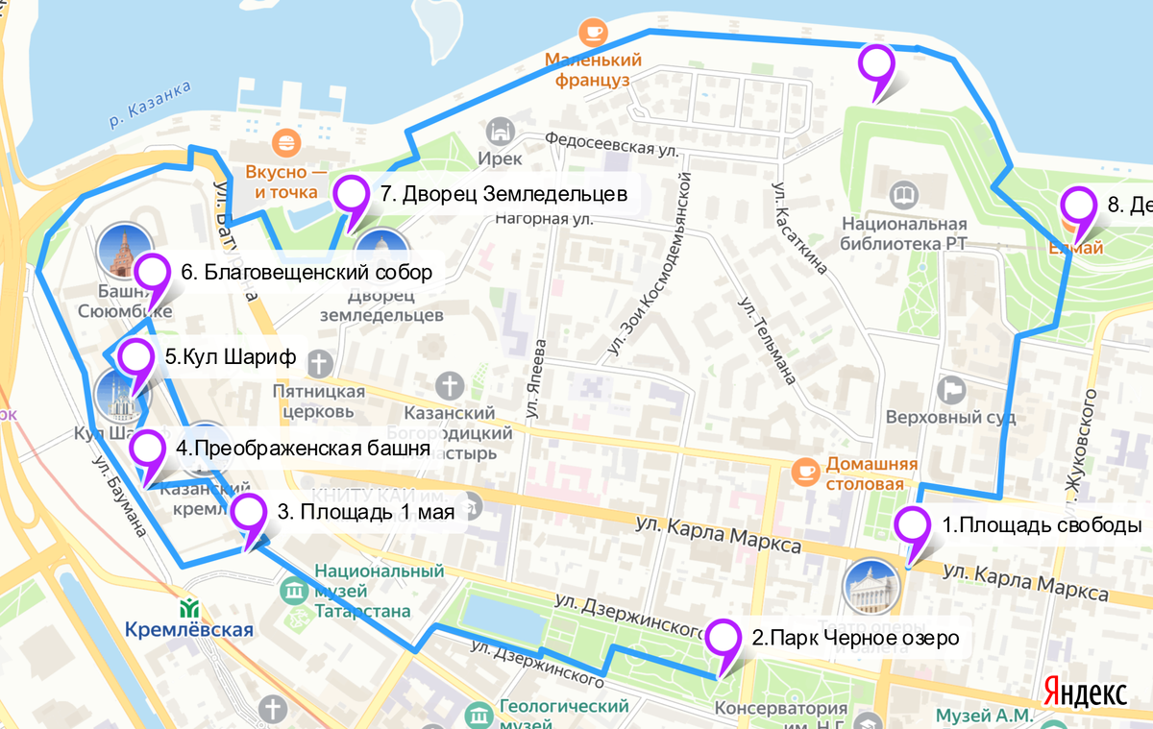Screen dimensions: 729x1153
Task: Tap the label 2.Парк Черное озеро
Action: [x=855, y=638]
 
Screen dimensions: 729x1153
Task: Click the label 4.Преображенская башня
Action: [x=302, y=449]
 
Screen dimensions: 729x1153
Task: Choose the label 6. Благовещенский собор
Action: [x=306, y=273]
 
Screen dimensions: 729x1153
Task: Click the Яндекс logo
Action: [x=1085, y=691]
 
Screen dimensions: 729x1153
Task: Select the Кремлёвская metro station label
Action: [x=189, y=630]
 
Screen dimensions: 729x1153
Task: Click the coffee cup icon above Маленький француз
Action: [x=593, y=33]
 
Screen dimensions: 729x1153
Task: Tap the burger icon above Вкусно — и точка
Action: [x=285, y=145]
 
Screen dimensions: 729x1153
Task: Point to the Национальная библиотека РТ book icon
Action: [x=904, y=197]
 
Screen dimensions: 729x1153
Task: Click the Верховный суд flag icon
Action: [x=952, y=390]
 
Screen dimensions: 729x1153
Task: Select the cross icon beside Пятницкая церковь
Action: [x=320, y=363]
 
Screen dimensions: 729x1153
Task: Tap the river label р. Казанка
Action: [x=149, y=106]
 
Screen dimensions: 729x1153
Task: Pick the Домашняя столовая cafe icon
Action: [x=804, y=472]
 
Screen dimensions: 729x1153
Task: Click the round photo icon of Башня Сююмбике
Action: [x=125, y=249]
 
